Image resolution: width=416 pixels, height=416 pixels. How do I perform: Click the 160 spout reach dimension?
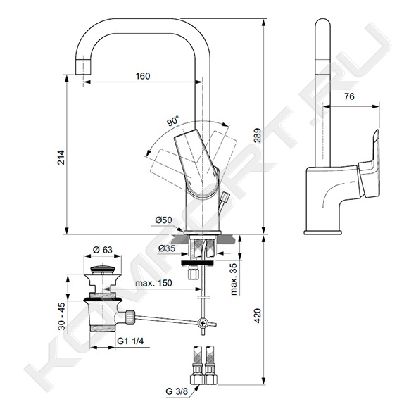pos(143,76)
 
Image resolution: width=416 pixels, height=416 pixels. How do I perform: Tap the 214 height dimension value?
pos(61,158)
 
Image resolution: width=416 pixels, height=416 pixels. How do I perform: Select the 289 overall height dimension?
pos(258,135)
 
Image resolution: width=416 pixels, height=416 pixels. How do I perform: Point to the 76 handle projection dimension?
pos(349,96)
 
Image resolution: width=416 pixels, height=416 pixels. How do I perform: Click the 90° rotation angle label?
pos(172,121)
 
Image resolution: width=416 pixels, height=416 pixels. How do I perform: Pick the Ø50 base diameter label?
pos(163,220)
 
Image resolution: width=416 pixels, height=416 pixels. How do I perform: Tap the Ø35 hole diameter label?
pos(167,248)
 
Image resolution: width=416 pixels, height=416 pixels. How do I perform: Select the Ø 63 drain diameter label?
pos(102,250)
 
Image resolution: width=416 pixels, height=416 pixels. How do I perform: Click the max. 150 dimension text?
pos(153,283)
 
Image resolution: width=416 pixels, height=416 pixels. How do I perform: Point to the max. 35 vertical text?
pos(234,279)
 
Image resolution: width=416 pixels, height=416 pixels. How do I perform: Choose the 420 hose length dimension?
pos(258,316)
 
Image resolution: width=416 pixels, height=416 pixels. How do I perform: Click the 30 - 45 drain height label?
pos(61,317)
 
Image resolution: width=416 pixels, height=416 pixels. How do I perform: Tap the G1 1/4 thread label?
pos(130,341)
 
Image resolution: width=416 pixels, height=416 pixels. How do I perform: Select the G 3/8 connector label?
pos(177,391)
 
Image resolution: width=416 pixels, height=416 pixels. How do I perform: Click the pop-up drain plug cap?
pos(102,270)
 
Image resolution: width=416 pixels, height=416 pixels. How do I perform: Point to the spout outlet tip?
pos(83,67)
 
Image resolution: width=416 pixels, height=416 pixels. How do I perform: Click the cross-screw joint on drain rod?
pos(202,323)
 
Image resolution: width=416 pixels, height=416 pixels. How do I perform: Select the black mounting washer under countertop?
pos(198,263)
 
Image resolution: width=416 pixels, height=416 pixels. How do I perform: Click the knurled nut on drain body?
pos(130,317)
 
